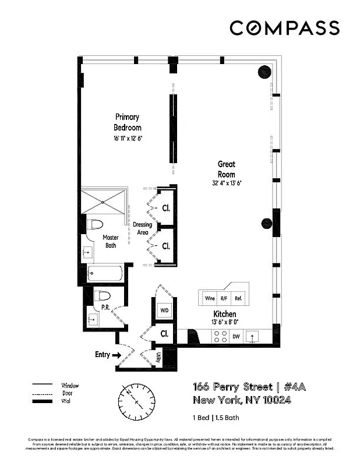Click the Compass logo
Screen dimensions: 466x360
point(284,28)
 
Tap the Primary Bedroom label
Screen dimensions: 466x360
point(127,122)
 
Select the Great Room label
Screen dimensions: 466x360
point(227,169)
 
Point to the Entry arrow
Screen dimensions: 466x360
point(116,354)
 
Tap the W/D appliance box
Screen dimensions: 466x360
point(164,310)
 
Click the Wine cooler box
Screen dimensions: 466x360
point(209,298)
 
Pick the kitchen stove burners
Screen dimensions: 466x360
point(221,336)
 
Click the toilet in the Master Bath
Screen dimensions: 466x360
point(95,225)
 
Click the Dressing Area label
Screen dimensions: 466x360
point(142,228)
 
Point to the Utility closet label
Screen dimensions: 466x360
point(158,356)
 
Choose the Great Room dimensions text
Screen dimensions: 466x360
point(227,183)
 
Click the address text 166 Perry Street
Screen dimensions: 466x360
point(232,387)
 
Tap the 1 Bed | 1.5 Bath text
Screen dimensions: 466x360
point(216,418)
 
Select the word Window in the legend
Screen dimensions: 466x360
point(69,385)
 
